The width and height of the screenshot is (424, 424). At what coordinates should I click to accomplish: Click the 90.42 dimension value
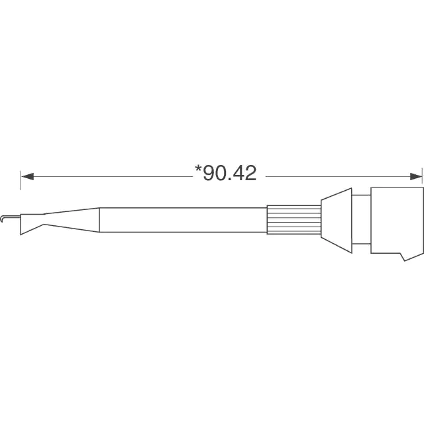coord(229,174)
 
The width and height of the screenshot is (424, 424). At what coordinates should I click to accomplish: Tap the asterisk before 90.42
coord(198,169)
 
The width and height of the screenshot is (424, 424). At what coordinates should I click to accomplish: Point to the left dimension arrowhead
coord(28,177)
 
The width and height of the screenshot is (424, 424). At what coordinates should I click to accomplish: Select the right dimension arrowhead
coord(416,177)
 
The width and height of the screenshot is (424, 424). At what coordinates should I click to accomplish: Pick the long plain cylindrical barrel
coord(183,220)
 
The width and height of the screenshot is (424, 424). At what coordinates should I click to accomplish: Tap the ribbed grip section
coord(294,219)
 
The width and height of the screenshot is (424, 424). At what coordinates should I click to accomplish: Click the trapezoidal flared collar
coord(337,221)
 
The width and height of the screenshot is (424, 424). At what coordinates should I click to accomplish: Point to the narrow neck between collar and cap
coord(361,219)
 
